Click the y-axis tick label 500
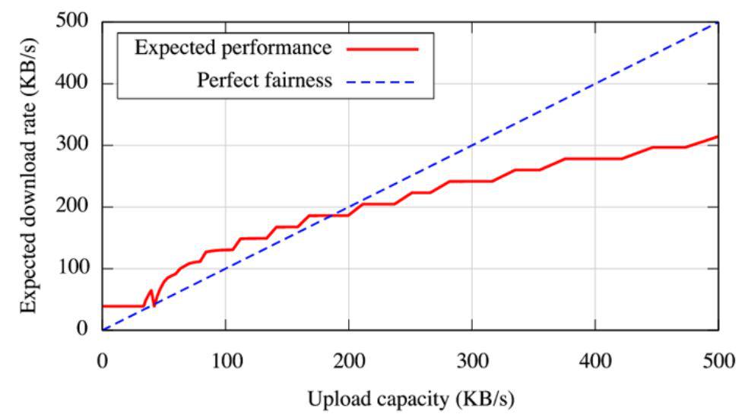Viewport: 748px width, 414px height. click(75, 22)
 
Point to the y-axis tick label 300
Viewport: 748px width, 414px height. click(75, 145)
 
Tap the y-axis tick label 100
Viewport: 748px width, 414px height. click(75, 268)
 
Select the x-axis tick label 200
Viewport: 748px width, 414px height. click(349, 359)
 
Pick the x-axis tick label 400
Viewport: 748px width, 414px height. click(595, 359)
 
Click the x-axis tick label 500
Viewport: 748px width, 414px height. click(718, 359)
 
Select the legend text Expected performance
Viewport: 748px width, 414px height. click(233, 48)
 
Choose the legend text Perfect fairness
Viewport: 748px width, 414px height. click(265, 80)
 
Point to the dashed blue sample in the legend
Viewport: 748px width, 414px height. click(385, 81)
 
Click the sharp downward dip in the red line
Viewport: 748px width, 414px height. click(154, 305)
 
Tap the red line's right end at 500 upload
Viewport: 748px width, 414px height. click(718, 137)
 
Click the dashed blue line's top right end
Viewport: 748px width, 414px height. click(718, 23)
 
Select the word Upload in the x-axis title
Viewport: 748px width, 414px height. click(333, 397)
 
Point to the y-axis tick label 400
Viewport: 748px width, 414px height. click(75, 84)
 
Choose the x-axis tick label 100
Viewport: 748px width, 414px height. click(226, 359)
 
